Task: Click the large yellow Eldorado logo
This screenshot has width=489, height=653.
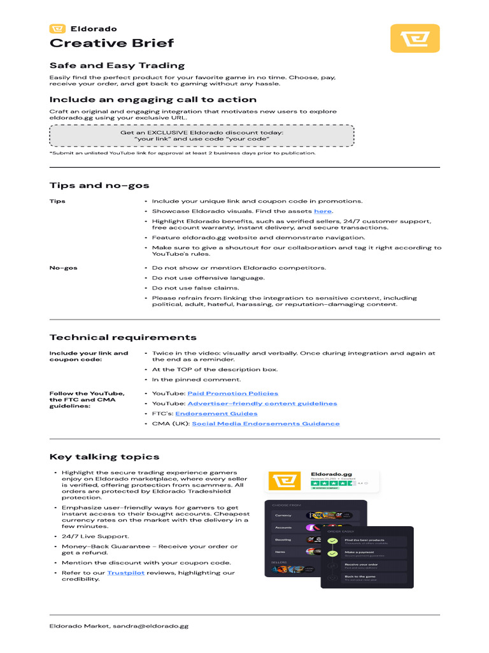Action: point(415,38)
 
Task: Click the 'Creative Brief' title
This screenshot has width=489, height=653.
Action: point(111,43)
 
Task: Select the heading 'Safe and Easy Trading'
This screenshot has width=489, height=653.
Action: point(117,65)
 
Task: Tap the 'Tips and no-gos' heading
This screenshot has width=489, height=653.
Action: point(99,186)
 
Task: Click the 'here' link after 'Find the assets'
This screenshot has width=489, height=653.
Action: point(323,211)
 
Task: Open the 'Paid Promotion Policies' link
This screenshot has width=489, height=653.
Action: point(232,393)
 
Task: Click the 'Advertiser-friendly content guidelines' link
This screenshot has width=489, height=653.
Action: point(262,404)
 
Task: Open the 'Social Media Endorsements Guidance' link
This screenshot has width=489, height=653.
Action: point(266,424)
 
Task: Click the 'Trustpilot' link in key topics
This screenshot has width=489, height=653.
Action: point(125,573)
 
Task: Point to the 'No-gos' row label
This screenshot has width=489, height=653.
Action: point(64,268)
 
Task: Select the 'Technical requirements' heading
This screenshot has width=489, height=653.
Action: point(123,337)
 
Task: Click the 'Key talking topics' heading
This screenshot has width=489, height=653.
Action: point(104,457)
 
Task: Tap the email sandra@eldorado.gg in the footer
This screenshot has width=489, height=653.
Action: point(151,626)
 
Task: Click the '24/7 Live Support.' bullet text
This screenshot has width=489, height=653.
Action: point(95,536)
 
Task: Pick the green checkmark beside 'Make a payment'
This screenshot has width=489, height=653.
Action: point(332,553)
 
